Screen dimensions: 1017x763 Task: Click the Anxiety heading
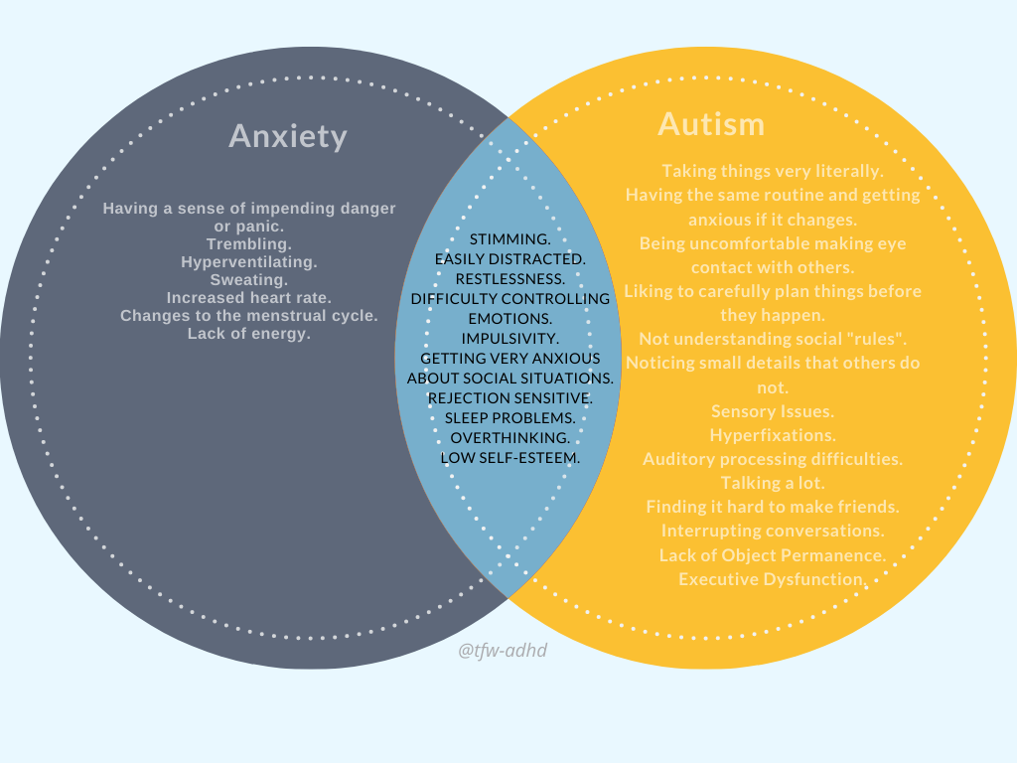[x=288, y=135]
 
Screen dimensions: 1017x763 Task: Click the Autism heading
[x=711, y=124]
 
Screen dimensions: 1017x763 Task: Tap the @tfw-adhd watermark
[x=503, y=650]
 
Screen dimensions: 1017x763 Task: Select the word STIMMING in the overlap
[x=509, y=239]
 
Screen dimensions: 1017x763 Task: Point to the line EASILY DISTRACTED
[x=510, y=259]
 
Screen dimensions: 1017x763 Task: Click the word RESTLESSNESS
[x=510, y=279]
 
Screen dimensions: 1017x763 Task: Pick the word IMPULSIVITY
[x=510, y=339]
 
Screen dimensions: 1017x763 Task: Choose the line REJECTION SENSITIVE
[x=510, y=398]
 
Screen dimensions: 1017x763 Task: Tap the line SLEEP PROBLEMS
[x=510, y=418]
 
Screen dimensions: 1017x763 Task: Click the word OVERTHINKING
[x=510, y=438]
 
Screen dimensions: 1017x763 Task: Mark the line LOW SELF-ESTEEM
[x=510, y=458]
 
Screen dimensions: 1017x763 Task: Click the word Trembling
[x=249, y=244]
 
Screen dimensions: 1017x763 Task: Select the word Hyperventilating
[x=249, y=262]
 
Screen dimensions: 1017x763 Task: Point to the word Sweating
[x=249, y=280]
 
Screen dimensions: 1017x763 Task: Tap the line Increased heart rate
[x=249, y=298]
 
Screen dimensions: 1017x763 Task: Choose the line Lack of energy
[x=249, y=334]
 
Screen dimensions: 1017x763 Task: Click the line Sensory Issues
[x=773, y=411]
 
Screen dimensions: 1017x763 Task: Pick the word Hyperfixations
[x=773, y=435]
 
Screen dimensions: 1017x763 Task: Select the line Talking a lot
[x=773, y=483]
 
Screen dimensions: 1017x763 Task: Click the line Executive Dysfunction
[x=773, y=578]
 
